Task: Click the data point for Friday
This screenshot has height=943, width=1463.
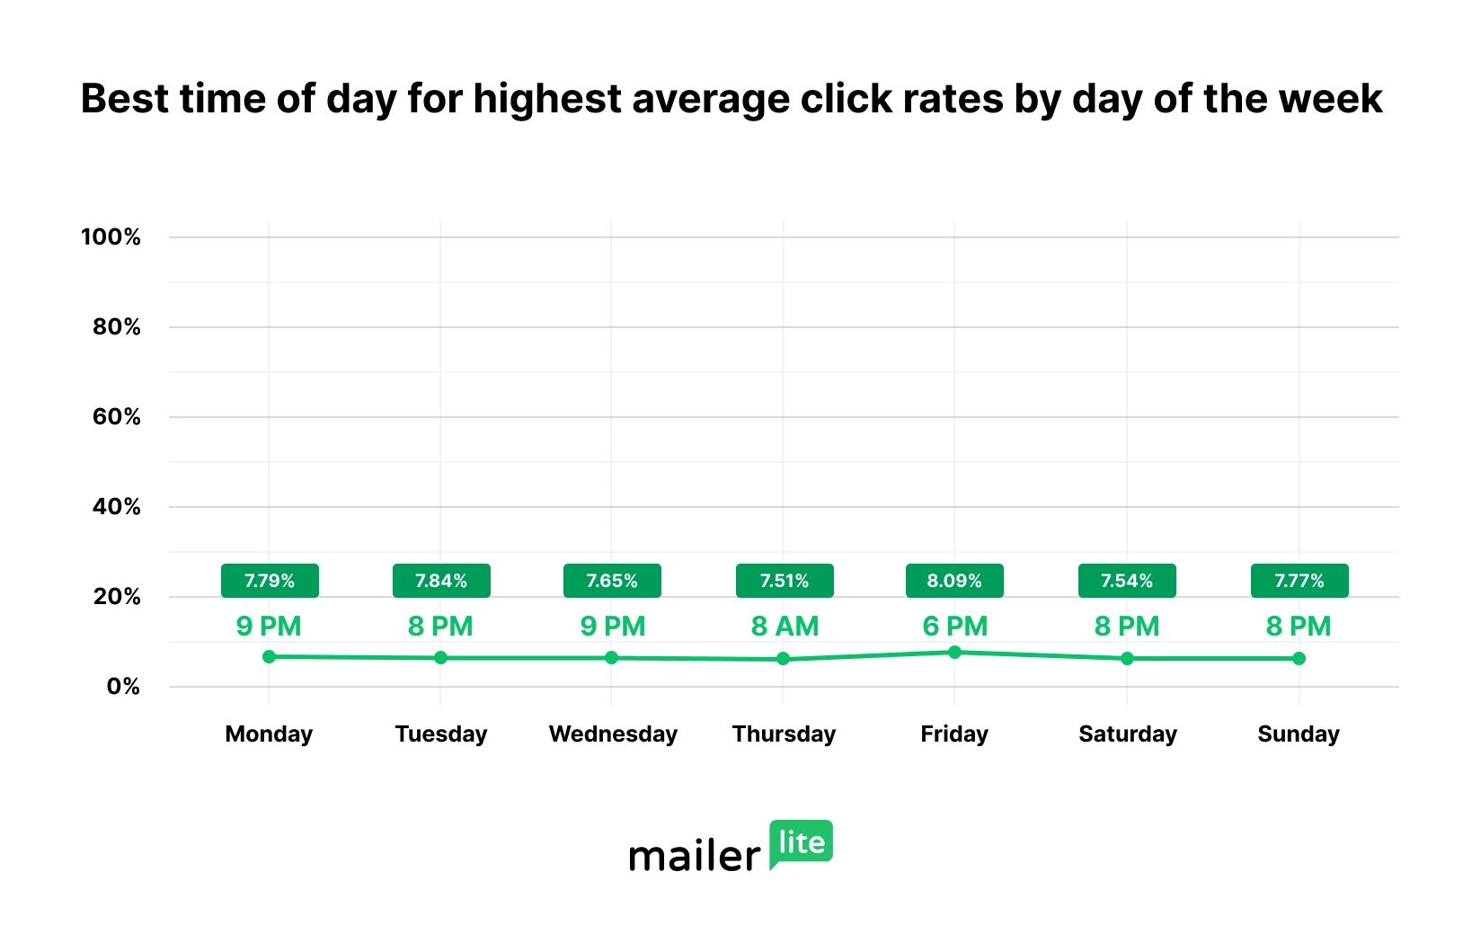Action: [954, 652]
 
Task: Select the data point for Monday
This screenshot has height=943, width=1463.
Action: [269, 656]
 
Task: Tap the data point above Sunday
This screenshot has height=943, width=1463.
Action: [1299, 658]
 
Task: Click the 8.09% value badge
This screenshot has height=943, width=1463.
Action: [954, 581]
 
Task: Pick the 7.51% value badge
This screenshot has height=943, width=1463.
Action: [784, 581]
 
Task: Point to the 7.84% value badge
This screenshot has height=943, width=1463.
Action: [440, 581]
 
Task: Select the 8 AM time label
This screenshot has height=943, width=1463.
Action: [785, 626]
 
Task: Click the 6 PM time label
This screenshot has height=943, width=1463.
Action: [954, 626]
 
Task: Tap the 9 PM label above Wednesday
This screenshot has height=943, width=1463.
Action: [612, 626]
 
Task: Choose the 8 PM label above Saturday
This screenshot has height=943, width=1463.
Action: [1126, 626]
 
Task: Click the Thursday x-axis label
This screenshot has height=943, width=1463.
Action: [784, 734]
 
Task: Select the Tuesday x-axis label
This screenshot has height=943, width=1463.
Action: [440, 734]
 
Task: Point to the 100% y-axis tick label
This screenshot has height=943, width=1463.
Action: [111, 237]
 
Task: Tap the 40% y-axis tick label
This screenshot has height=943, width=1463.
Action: [116, 507]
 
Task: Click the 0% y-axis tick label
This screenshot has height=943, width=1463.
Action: [123, 687]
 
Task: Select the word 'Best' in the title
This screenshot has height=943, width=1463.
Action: [125, 99]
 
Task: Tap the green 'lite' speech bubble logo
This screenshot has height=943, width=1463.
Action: [802, 843]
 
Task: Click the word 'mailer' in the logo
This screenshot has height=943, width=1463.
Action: [694, 856]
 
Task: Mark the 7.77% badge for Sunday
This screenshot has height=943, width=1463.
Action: [1299, 581]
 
